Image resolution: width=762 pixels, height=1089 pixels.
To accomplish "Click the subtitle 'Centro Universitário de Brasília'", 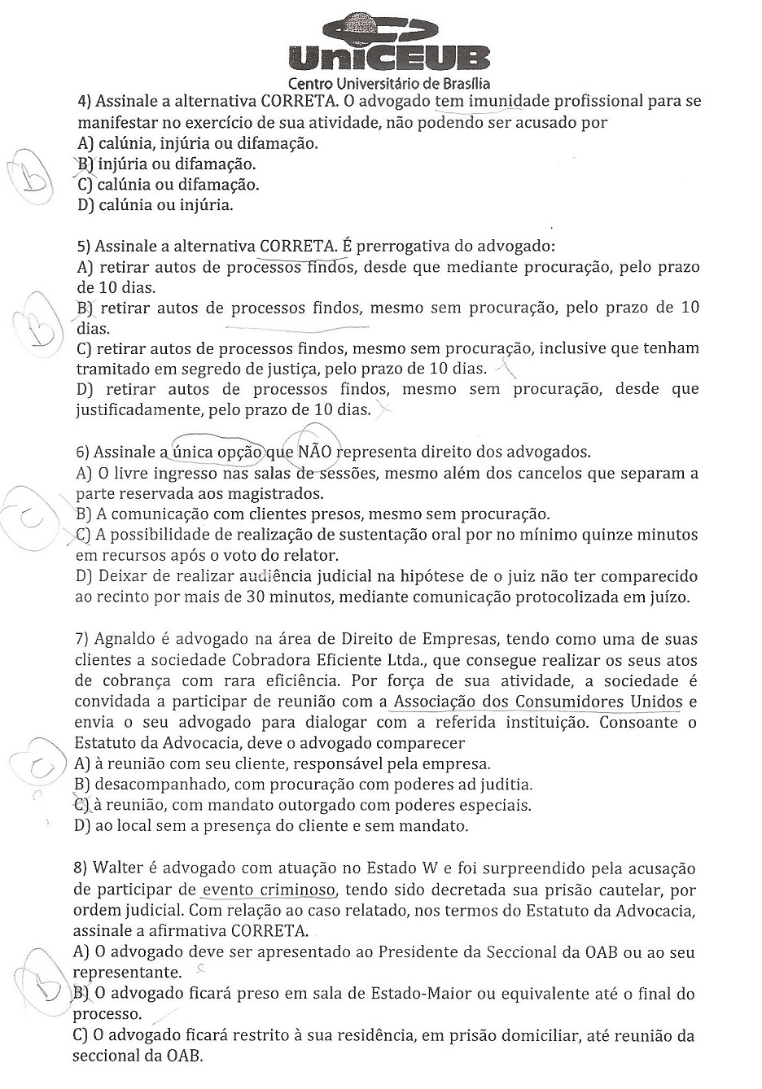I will pyautogui.click(x=389, y=83).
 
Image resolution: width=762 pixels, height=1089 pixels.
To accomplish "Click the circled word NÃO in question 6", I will pyautogui.click(x=313, y=451).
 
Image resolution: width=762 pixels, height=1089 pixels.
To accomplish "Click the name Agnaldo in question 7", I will pyautogui.click(x=122, y=640).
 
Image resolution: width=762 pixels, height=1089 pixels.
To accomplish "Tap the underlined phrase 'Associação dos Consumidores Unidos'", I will pyautogui.click(x=538, y=702).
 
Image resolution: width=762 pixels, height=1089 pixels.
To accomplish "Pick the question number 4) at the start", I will pyautogui.click(x=84, y=103).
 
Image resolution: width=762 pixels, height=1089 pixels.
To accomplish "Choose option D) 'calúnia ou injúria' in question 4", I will pyautogui.click(x=155, y=205).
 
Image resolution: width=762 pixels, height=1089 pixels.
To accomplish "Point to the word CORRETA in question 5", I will pyautogui.click(x=296, y=246).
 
